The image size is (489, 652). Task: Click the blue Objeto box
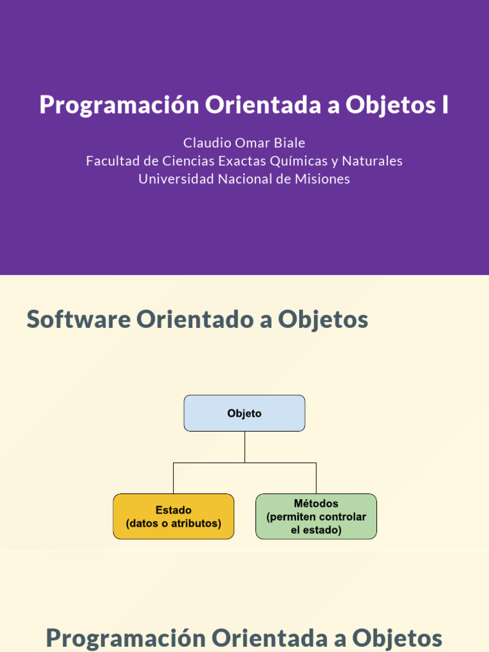click(244, 413)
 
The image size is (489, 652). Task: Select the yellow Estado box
click(173, 516)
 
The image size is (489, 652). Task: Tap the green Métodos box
click(316, 516)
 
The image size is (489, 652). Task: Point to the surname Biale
click(290, 143)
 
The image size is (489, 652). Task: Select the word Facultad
click(112, 160)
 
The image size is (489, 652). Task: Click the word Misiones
click(322, 179)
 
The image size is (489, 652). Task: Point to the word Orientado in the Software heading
click(196, 319)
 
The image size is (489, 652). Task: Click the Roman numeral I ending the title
click(445, 105)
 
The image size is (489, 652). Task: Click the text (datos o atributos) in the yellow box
click(173, 523)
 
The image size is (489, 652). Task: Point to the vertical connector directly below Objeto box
click(244, 447)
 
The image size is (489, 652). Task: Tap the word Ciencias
click(188, 160)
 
